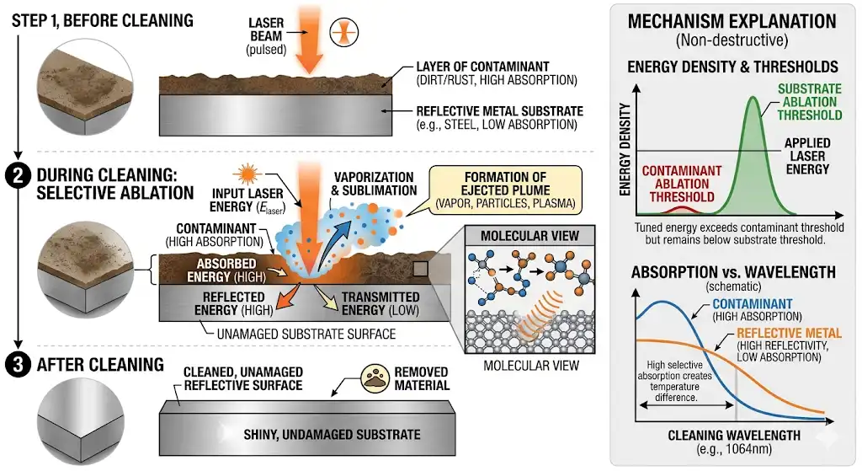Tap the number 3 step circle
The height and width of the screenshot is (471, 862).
18,364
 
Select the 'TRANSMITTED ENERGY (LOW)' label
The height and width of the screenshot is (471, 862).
377,302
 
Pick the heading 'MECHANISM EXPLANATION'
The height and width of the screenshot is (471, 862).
732,22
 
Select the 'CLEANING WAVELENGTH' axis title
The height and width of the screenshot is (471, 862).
732,436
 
